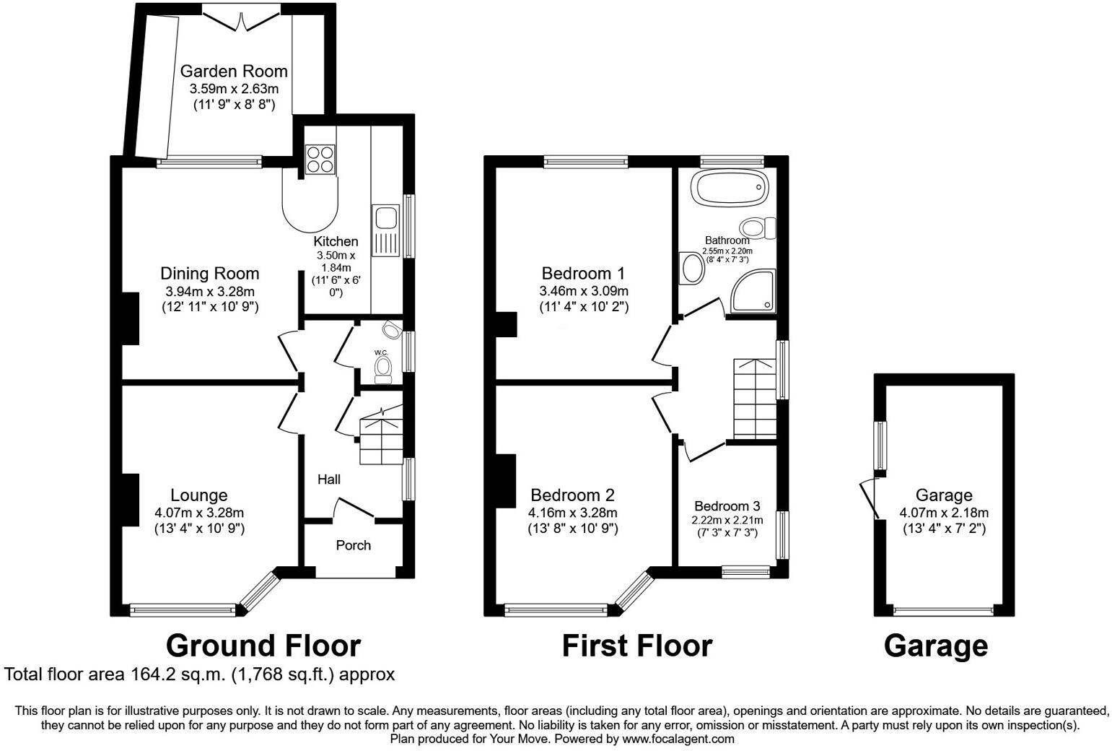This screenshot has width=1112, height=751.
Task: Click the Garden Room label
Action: [233, 71]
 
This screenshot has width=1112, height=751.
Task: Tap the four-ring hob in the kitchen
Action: [320, 160]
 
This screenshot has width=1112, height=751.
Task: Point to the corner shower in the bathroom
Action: [753, 292]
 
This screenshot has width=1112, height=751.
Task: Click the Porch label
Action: [353, 544]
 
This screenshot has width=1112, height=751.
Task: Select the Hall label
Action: [329, 479]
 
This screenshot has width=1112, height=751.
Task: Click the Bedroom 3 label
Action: [727, 506]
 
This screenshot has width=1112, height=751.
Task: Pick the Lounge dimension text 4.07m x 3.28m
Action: [199, 513]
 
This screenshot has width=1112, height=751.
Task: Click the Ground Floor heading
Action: [263, 645]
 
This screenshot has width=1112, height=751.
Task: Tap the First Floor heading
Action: [636, 645]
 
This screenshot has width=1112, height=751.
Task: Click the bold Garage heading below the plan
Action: [935, 645]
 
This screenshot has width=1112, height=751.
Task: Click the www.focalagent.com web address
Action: [678, 739]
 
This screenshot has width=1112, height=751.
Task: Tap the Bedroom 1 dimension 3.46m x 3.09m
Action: [583, 291]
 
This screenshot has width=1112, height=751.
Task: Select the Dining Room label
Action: [209, 274]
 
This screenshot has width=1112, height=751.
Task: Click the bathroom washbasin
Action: [692, 268]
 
